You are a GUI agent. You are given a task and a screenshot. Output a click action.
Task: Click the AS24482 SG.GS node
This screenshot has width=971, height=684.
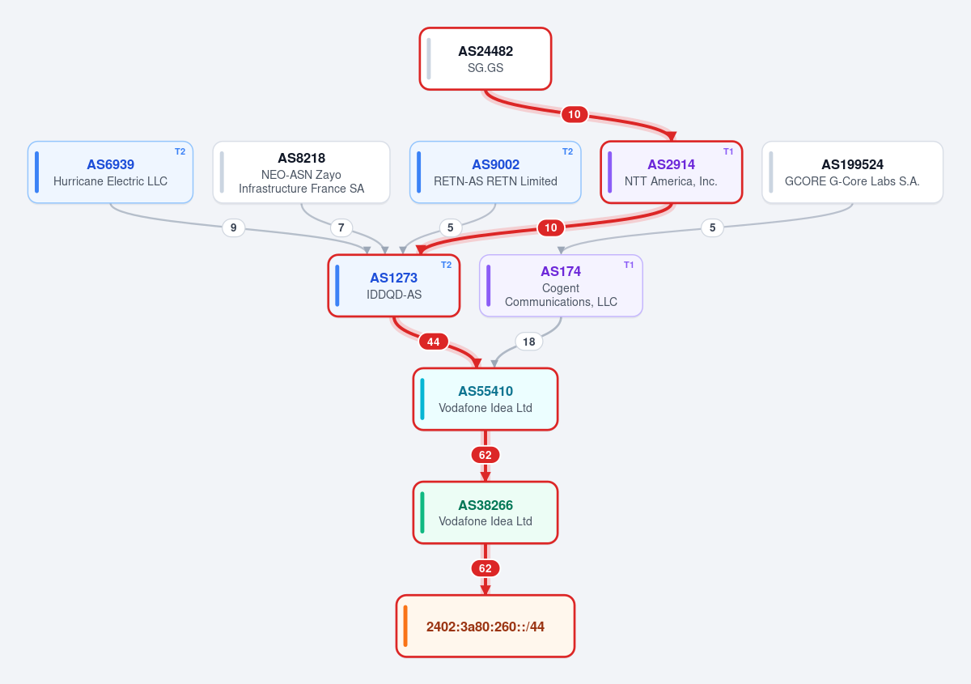tap(485, 59)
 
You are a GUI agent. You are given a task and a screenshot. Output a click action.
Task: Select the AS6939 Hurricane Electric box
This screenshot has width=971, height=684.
tap(110, 172)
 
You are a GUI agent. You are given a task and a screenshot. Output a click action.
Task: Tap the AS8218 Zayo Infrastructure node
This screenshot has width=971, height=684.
tap(301, 172)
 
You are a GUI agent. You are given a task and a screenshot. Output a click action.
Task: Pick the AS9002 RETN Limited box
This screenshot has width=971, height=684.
tap(495, 172)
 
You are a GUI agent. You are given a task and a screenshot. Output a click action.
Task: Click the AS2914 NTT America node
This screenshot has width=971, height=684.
tap(671, 172)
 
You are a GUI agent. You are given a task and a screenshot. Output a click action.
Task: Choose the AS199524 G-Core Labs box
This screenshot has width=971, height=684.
tap(852, 172)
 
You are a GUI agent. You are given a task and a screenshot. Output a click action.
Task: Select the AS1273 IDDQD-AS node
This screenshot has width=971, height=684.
tap(393, 286)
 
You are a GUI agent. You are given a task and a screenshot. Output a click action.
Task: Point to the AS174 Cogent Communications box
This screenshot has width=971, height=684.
tap(561, 286)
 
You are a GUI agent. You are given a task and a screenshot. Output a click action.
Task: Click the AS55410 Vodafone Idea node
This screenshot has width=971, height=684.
tap(485, 399)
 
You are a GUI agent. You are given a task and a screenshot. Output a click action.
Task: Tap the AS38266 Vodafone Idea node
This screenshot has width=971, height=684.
tap(485, 512)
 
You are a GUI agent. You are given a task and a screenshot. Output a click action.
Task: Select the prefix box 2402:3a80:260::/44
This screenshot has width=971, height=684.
tap(485, 627)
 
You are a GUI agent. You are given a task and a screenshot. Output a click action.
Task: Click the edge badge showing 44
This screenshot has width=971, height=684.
tap(433, 342)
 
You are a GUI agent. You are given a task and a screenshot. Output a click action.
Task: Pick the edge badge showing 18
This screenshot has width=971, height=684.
tap(528, 342)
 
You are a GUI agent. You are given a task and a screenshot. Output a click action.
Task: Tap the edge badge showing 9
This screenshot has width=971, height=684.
tap(233, 227)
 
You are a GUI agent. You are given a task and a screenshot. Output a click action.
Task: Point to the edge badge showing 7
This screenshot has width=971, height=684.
tap(341, 227)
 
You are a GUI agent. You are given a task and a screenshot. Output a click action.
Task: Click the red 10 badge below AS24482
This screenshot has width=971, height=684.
tap(575, 114)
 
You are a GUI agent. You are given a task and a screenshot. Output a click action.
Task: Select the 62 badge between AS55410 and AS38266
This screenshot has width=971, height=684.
tap(485, 455)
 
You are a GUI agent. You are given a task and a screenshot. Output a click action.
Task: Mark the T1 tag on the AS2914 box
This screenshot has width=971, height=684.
tap(728, 151)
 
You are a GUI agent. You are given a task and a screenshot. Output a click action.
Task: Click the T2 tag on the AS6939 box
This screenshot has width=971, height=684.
tap(180, 151)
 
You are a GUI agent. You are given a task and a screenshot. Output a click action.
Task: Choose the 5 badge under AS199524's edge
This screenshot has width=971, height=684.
tap(712, 227)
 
